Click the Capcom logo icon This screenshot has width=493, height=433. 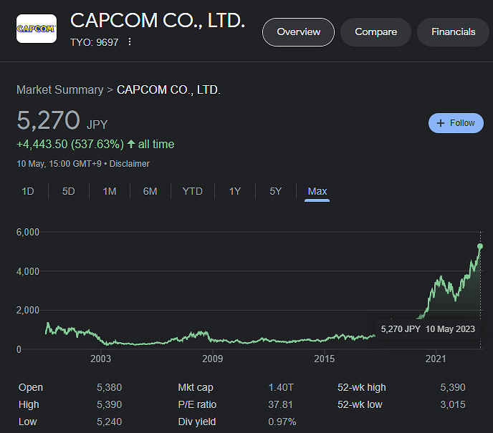point(37,29)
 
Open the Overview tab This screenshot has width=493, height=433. point(298,32)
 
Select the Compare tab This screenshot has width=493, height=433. point(375,32)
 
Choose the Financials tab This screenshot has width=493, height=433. point(453,32)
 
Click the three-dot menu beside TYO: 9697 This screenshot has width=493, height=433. point(130,42)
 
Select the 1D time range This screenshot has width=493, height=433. point(28,191)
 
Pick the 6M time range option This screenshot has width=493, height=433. point(150,191)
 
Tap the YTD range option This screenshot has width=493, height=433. point(192,191)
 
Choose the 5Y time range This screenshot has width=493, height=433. point(275,191)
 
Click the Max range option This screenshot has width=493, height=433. point(317,191)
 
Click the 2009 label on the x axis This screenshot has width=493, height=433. point(213,359)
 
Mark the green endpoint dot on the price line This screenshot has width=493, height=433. point(480,246)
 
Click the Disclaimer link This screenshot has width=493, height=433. point(129,164)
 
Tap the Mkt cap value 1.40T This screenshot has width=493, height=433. point(282,388)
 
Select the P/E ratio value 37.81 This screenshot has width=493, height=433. point(280,405)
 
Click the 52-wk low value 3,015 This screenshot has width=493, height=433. point(452,405)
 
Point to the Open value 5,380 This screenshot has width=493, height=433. point(109,388)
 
